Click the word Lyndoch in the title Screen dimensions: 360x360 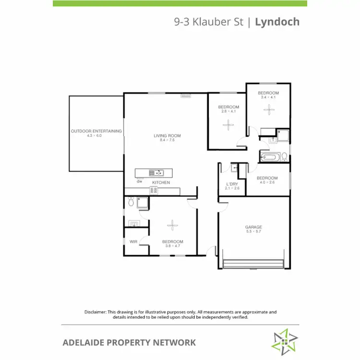277,22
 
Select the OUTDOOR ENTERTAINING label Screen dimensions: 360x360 96,131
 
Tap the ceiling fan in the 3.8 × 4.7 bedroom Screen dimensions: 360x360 172,224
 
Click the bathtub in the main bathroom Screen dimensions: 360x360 270,156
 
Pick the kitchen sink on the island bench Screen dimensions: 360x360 157,173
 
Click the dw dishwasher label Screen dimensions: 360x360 140,181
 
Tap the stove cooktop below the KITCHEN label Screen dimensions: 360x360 154,190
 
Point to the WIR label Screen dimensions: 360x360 133,241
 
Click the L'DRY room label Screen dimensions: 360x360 232,184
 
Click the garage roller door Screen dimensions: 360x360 254,264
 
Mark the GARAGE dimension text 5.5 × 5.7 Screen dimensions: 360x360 254,232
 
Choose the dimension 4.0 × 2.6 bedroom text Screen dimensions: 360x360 268,181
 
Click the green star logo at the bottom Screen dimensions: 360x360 283,341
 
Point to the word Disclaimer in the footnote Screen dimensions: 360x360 95,312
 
